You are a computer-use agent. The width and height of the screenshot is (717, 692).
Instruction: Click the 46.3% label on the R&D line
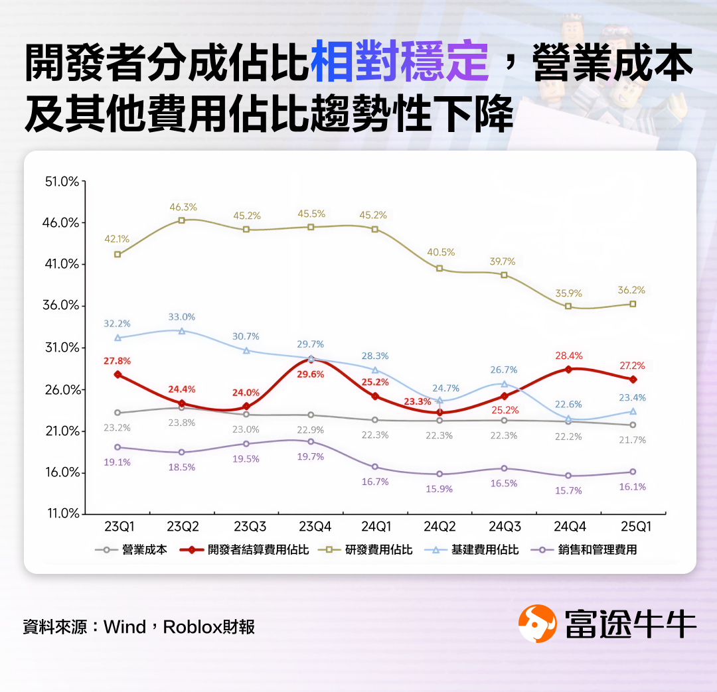click(182, 208)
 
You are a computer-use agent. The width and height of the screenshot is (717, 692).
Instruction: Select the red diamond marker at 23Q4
click(311, 359)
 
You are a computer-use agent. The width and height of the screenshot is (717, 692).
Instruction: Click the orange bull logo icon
click(537, 624)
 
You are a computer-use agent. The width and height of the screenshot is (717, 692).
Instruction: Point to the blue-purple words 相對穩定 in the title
click(399, 64)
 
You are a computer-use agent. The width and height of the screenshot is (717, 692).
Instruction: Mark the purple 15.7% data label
click(568, 490)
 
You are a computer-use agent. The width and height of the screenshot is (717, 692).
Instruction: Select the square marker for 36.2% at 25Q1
click(633, 304)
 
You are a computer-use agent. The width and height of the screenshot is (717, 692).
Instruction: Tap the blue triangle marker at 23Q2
click(182, 330)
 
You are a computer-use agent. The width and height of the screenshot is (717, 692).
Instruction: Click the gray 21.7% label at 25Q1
click(632, 440)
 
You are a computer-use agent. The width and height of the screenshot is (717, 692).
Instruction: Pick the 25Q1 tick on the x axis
click(632, 527)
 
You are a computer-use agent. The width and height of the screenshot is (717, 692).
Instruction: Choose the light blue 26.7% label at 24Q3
click(504, 370)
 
